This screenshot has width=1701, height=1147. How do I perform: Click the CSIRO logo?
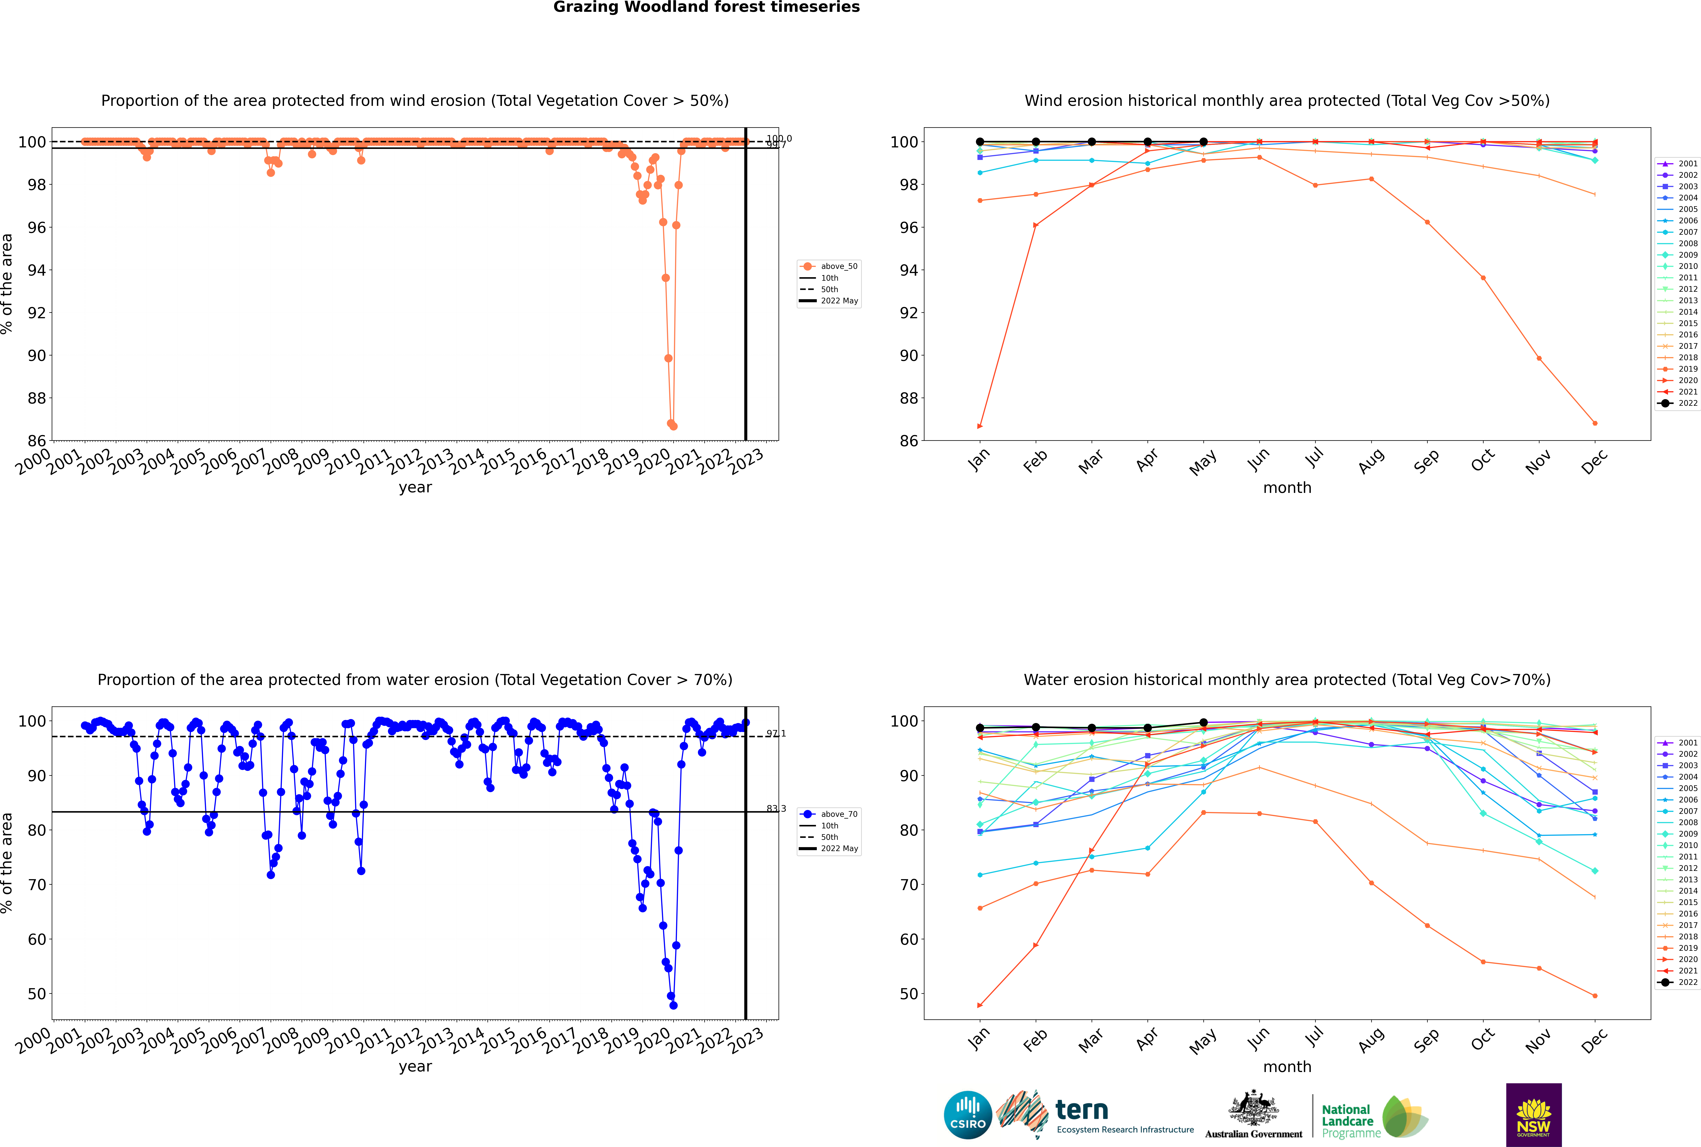pyautogui.click(x=967, y=1115)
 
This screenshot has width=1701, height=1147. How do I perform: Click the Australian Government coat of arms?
pyautogui.click(x=1253, y=1108)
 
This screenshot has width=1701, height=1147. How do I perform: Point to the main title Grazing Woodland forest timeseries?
pyautogui.click(x=706, y=7)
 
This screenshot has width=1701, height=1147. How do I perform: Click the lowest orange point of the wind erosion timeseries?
pyautogui.click(x=673, y=426)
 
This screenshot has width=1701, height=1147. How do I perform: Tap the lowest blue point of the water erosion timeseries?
pyautogui.click(x=673, y=1005)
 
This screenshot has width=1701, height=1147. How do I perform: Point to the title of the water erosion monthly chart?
pyautogui.click(x=1287, y=680)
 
